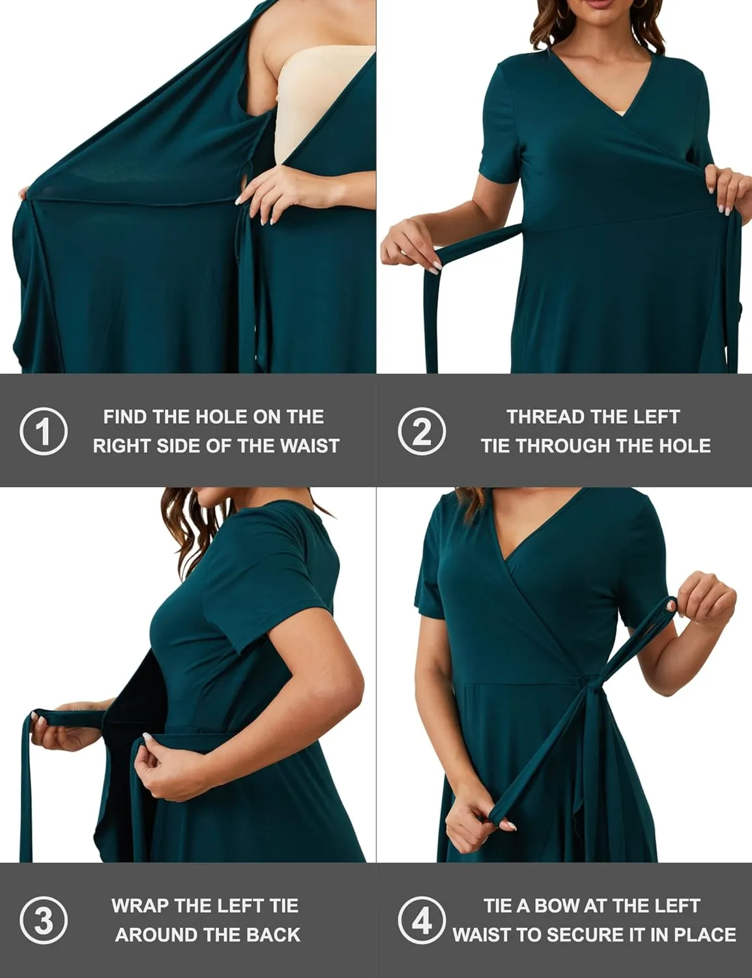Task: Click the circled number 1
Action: pos(44,431)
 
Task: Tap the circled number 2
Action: pos(422,431)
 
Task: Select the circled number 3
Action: pos(44,921)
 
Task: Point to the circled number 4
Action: pos(422,921)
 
